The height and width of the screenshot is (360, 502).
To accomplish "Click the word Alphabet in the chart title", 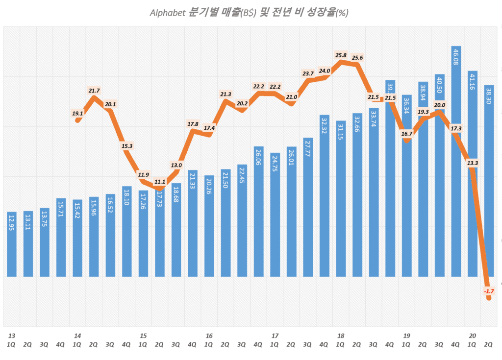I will click(167, 13).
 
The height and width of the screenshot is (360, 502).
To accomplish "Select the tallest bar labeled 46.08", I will click(456, 162).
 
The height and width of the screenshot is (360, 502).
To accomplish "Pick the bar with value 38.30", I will click(489, 181).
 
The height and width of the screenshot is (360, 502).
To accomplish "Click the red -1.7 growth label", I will click(489, 291).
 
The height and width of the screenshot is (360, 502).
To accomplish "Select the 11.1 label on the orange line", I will click(159, 182).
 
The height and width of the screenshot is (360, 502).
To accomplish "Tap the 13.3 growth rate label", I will click(473, 163).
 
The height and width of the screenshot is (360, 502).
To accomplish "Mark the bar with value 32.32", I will click(325, 196).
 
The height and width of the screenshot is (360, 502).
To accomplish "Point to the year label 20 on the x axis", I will click(473, 336).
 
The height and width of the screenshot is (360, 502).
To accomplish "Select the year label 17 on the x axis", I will click(275, 336).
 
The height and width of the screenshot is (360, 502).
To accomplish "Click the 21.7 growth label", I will click(94, 91).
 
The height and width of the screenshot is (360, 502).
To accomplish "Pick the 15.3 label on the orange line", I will click(127, 146).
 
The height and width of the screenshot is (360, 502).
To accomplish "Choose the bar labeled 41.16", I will click(473, 174).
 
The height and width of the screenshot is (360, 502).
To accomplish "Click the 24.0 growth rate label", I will click(324, 71).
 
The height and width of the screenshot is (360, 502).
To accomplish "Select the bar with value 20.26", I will click(209, 226).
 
